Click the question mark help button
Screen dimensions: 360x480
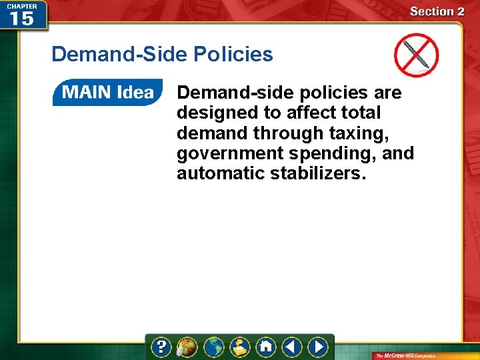(161, 347)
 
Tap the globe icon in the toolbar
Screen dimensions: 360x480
(213, 347)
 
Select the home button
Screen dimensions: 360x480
(265, 347)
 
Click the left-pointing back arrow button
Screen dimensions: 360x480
(291, 347)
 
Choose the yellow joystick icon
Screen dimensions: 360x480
(239, 347)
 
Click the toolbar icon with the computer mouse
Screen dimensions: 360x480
(187, 347)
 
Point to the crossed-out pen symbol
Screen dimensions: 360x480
(416, 55)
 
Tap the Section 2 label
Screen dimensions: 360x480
(437, 11)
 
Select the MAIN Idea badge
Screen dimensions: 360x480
(107, 93)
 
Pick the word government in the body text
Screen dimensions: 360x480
(221, 154)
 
